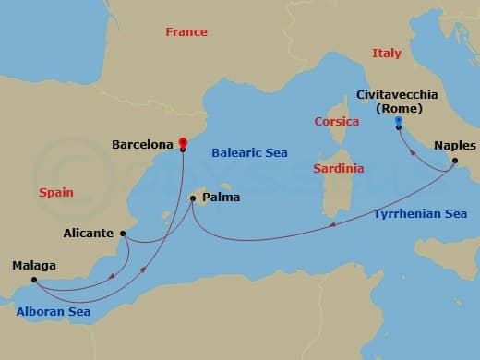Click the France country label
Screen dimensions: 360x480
point(186,31)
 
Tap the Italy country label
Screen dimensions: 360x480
point(387,54)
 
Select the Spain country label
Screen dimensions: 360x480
point(56,193)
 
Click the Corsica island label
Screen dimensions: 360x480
point(337,121)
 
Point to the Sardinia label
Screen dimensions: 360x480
point(338,169)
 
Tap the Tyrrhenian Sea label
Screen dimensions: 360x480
point(420,214)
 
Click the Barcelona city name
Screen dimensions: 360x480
point(143,145)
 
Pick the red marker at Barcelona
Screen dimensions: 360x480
point(183,141)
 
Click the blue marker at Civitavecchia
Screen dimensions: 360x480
point(398,121)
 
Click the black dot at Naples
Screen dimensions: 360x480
point(454,162)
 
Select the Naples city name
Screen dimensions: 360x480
point(454,146)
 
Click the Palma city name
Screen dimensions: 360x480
point(222,197)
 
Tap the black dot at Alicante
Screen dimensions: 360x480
point(123,234)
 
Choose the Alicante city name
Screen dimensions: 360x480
point(90,234)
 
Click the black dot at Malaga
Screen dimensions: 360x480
point(33,280)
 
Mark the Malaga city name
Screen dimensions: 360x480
point(34,266)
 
